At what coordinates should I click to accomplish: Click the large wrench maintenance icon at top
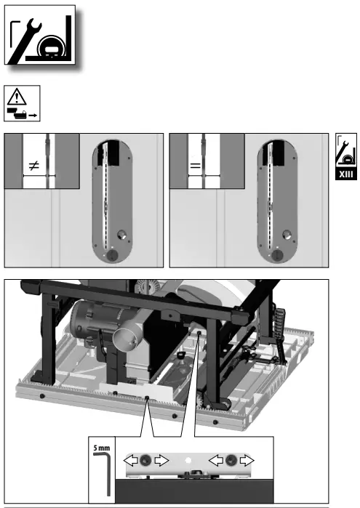pos(41,37)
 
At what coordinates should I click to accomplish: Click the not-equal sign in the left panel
pos(33,166)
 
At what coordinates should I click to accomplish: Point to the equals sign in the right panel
pos(195,166)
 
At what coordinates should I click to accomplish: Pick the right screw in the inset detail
pos(231,460)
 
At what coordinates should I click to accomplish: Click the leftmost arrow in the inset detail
pos(129,460)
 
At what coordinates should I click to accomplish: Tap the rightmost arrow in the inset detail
pos(249,460)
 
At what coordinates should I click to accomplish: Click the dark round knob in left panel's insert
pos(112,257)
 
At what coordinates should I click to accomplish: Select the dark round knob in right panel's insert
pos(277,257)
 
